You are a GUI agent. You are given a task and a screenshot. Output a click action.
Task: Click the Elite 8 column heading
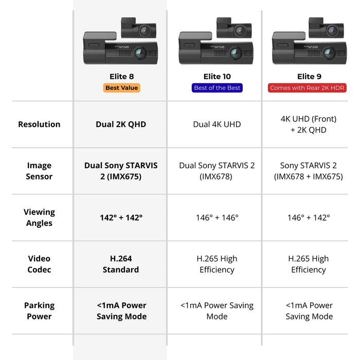(x=121, y=77)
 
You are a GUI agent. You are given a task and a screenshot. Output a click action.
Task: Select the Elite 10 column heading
(x=217, y=77)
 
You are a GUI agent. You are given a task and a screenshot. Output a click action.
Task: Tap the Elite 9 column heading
(x=309, y=77)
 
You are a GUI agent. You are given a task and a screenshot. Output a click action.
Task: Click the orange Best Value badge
(x=121, y=88)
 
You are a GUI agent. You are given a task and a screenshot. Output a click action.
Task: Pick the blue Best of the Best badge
(x=217, y=88)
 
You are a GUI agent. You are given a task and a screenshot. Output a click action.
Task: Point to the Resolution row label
(x=39, y=124)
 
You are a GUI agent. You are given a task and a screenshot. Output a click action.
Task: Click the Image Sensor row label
(x=39, y=171)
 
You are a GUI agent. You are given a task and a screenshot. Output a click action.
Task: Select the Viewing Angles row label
(x=39, y=218)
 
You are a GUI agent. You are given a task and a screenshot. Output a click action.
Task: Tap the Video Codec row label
(x=39, y=264)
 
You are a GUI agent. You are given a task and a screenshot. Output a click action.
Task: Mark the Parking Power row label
(x=39, y=311)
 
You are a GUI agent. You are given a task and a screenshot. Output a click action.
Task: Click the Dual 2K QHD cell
(x=121, y=124)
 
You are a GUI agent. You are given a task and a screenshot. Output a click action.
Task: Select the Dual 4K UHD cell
(x=217, y=124)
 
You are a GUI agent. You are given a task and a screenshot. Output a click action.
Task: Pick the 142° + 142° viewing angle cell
(x=121, y=218)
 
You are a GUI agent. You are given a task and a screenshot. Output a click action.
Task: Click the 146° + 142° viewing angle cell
(x=309, y=218)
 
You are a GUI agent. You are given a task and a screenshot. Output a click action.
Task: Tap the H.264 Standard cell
(x=121, y=264)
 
